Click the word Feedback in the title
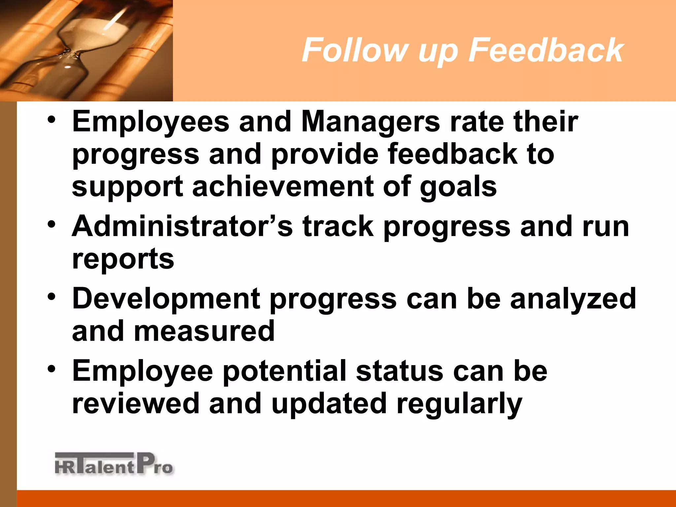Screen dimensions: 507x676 pos(546,50)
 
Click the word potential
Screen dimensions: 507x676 pos(285,372)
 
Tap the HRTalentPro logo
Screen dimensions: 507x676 pos(114,464)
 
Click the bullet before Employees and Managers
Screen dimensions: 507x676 pos(51,119)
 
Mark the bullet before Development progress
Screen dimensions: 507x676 pos(51,296)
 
